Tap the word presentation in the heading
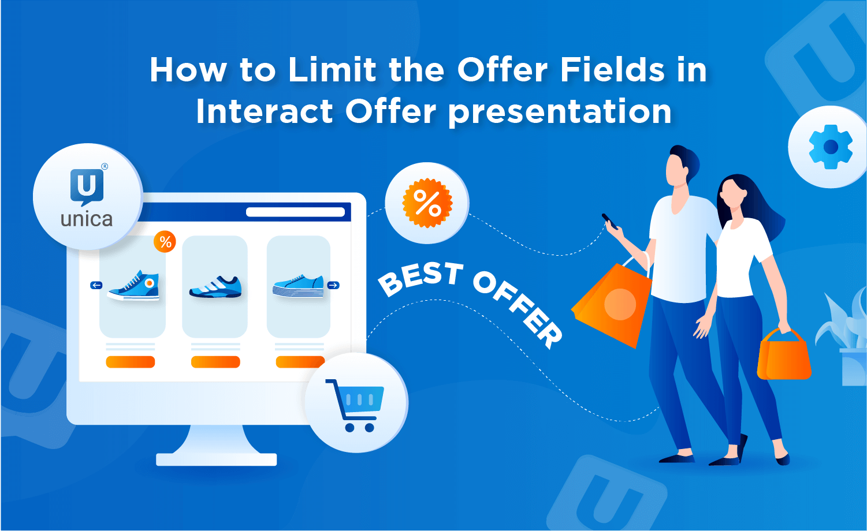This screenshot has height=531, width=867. [x=560, y=112]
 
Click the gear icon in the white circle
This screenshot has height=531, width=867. [x=831, y=147]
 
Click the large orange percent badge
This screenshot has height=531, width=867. [x=427, y=203]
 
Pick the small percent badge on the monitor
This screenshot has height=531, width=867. [x=165, y=242]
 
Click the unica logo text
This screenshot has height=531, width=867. [x=87, y=219]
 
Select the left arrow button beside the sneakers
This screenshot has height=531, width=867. [x=96, y=285]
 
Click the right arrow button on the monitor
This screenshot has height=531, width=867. [x=333, y=285]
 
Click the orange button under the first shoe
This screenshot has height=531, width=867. [x=131, y=362]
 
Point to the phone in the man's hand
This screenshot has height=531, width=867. [x=608, y=220]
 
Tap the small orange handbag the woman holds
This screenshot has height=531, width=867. [x=784, y=355]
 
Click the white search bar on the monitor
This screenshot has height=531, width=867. [x=295, y=212]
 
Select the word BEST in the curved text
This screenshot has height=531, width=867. [x=421, y=278]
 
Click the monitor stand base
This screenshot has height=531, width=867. [x=217, y=459]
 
